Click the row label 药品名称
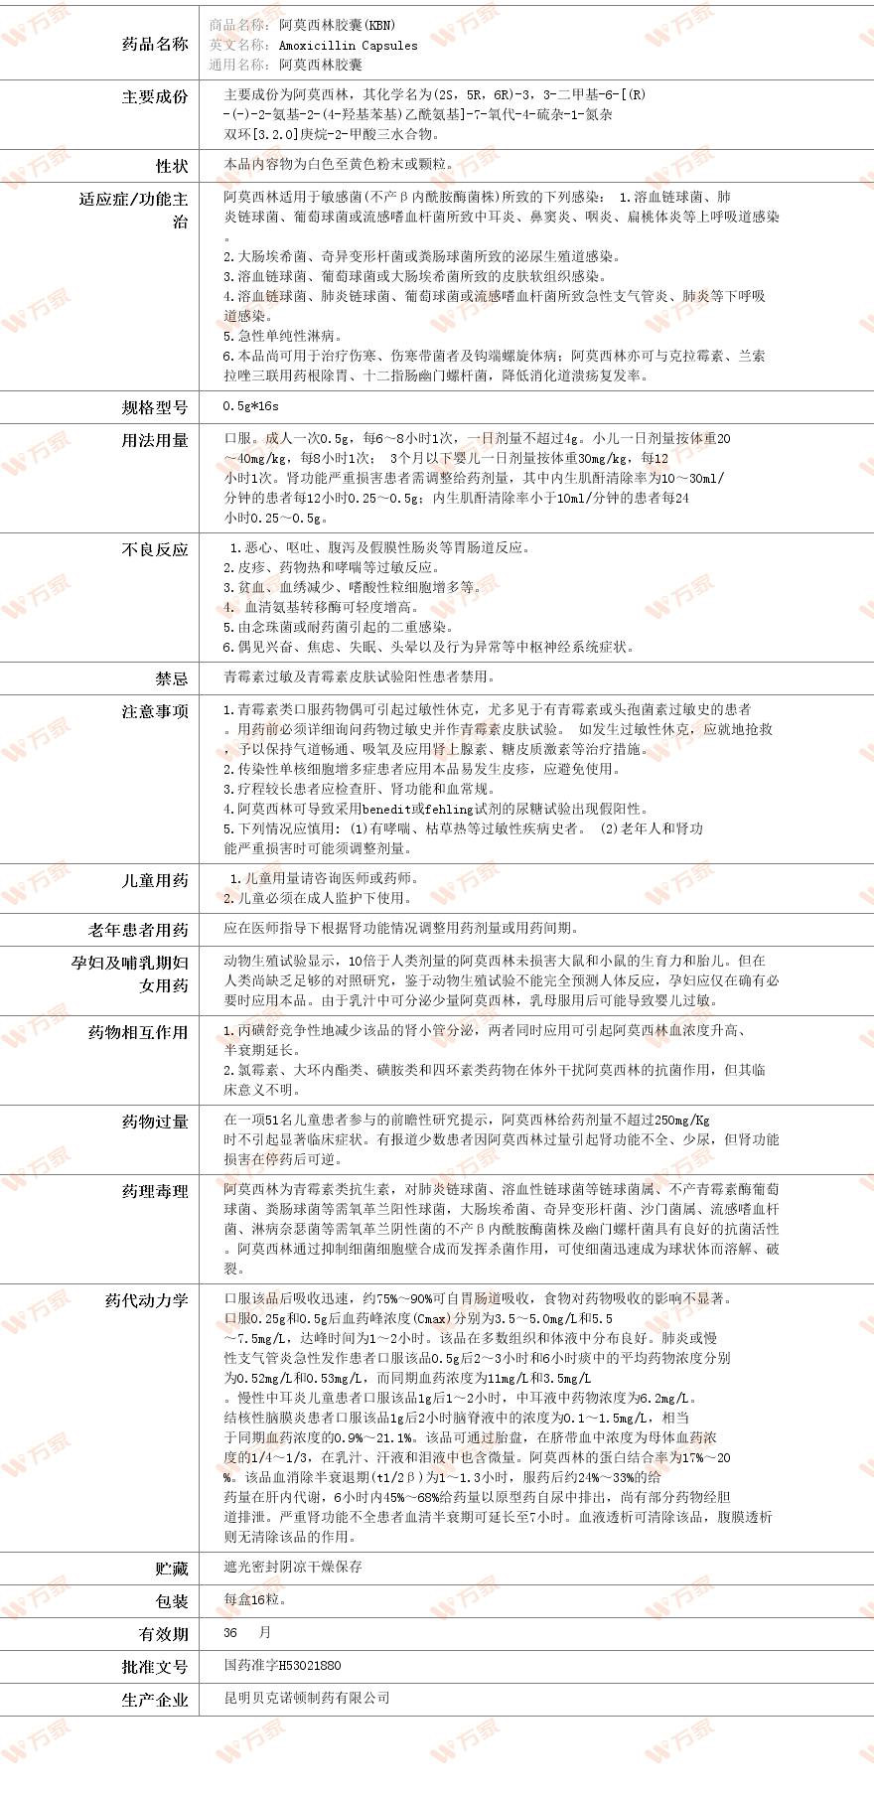coord(154,44)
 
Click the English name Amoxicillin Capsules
coord(348,45)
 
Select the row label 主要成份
coord(154,96)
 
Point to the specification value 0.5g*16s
coord(250,406)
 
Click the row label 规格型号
coord(154,406)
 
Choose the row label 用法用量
coord(154,440)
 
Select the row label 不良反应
coord(154,549)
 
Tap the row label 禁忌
coord(171,678)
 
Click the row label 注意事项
coord(154,712)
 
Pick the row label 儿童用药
coord(154,880)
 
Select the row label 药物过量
coord(154,1122)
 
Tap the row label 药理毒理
coord(154,1191)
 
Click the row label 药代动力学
coord(146,1300)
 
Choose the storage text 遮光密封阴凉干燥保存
coord(293,1567)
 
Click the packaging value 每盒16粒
coord(255,1600)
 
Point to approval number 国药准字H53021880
coord(282,1666)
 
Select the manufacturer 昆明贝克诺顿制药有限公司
coord(307,1699)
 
